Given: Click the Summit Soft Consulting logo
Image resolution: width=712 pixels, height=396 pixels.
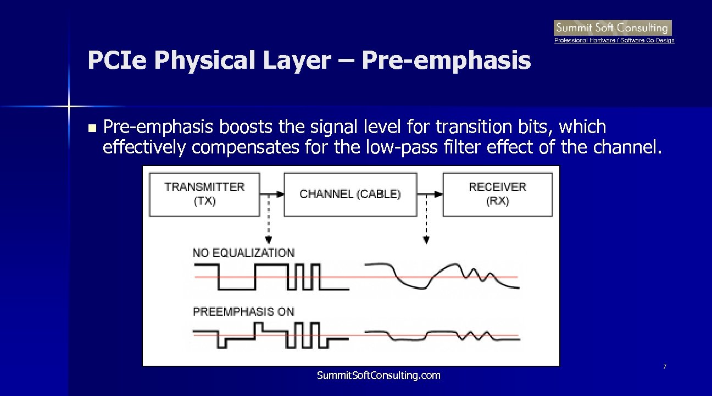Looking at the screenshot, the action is [612, 28].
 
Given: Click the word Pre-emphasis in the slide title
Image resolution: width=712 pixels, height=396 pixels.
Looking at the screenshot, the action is [447, 61].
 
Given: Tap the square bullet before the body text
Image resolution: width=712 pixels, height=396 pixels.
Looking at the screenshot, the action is [92, 129].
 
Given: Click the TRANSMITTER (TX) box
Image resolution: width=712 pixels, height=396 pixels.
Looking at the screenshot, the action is [204, 194].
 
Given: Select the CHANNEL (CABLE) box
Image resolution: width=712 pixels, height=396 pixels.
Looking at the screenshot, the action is [350, 194].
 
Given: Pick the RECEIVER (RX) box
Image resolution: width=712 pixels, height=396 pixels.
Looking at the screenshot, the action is [497, 194].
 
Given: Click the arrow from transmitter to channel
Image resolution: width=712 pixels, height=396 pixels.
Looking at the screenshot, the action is [272, 194].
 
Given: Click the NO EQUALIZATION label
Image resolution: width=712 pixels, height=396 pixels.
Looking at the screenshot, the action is [243, 253].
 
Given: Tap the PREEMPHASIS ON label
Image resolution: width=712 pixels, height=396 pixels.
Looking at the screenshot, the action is [243, 312].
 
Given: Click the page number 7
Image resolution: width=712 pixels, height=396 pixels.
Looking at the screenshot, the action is [665, 367].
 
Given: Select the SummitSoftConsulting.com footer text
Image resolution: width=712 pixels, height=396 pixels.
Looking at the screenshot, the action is [379, 376].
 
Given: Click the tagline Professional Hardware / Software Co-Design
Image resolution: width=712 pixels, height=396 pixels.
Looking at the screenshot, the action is [614, 41].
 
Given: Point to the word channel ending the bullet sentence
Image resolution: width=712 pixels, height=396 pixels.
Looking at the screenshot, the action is [622, 148].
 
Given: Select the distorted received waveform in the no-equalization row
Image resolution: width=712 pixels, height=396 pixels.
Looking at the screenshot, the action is [442, 276].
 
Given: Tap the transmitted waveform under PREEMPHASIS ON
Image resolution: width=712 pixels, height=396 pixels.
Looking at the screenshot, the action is [269, 335].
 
